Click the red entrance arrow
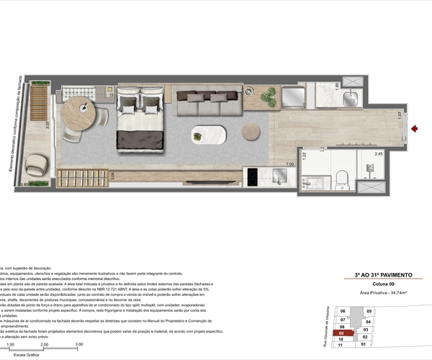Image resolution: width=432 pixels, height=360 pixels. click(415, 130)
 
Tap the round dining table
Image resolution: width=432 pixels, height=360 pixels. click(76, 112)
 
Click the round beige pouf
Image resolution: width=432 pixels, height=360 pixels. click(251, 132)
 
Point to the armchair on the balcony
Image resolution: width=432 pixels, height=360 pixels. click(35, 167)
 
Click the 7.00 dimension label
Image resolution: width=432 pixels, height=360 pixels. click(289, 165)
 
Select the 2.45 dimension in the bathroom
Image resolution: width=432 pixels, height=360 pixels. click(378, 153)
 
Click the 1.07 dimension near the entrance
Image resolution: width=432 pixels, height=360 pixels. click(399, 113)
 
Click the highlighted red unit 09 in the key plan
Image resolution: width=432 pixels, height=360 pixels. click(345, 333)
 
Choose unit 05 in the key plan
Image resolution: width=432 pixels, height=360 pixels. click(369, 312)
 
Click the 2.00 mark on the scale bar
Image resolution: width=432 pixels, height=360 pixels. click(44, 345)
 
